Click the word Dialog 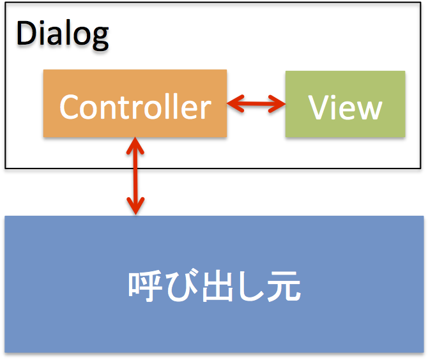click(63, 34)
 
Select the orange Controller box click(135, 103)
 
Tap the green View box click(346, 104)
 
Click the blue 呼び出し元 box click(214, 284)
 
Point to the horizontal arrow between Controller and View click(256, 103)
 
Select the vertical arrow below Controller click(135, 176)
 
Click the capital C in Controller click(70, 107)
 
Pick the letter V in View click(319, 107)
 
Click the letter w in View click(369, 110)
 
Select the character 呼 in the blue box click(144, 286)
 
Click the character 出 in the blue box click(217, 286)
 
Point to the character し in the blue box click(250, 286)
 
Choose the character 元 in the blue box click(284, 286)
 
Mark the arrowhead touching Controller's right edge click(235, 103)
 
